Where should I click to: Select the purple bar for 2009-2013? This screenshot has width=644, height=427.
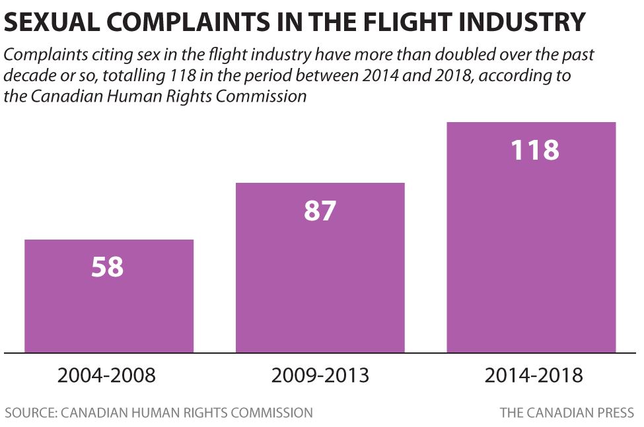pos(320,277)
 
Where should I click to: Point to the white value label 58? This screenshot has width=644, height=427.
pos(108,267)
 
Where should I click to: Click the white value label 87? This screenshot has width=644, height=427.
pos(320,211)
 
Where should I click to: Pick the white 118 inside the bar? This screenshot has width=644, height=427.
pos(535,150)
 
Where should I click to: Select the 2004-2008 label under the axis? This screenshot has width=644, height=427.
pos(107,376)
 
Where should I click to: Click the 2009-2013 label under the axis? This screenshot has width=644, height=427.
pos(320,376)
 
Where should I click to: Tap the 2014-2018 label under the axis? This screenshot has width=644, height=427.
pos(534,376)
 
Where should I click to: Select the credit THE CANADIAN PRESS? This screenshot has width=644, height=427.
pos(567,413)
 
